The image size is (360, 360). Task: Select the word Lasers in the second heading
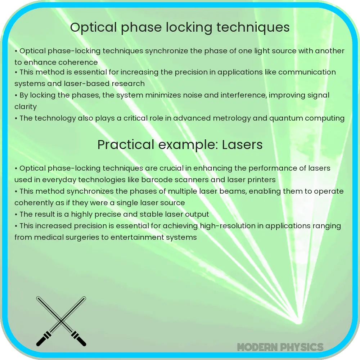[242, 145]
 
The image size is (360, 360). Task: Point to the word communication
[307, 72]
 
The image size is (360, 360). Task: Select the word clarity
[26, 107]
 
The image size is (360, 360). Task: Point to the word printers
[258, 180]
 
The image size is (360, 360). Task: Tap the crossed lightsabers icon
[61, 321]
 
